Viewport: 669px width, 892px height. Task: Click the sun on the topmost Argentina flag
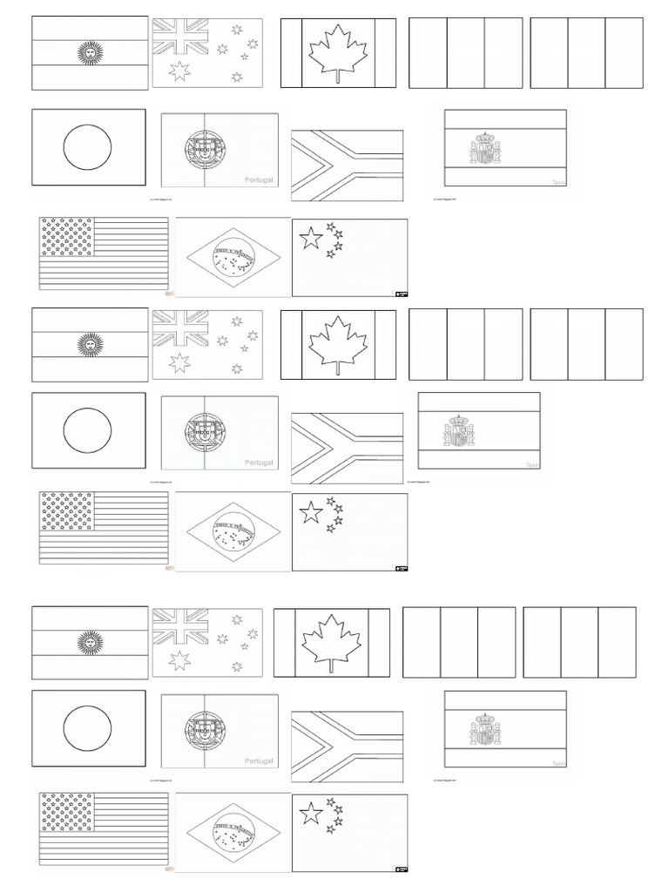point(89,54)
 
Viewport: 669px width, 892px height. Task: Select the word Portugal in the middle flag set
point(259,463)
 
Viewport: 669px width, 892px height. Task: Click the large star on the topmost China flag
point(311,237)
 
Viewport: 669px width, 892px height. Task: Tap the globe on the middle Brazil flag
point(233,529)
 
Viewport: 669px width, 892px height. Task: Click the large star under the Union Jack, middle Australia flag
point(179,362)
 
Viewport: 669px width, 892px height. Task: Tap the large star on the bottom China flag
point(311,814)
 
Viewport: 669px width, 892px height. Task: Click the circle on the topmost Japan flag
point(89,146)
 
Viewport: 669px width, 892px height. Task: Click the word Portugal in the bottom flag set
point(259,760)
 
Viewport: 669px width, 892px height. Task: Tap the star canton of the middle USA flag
point(67,510)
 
